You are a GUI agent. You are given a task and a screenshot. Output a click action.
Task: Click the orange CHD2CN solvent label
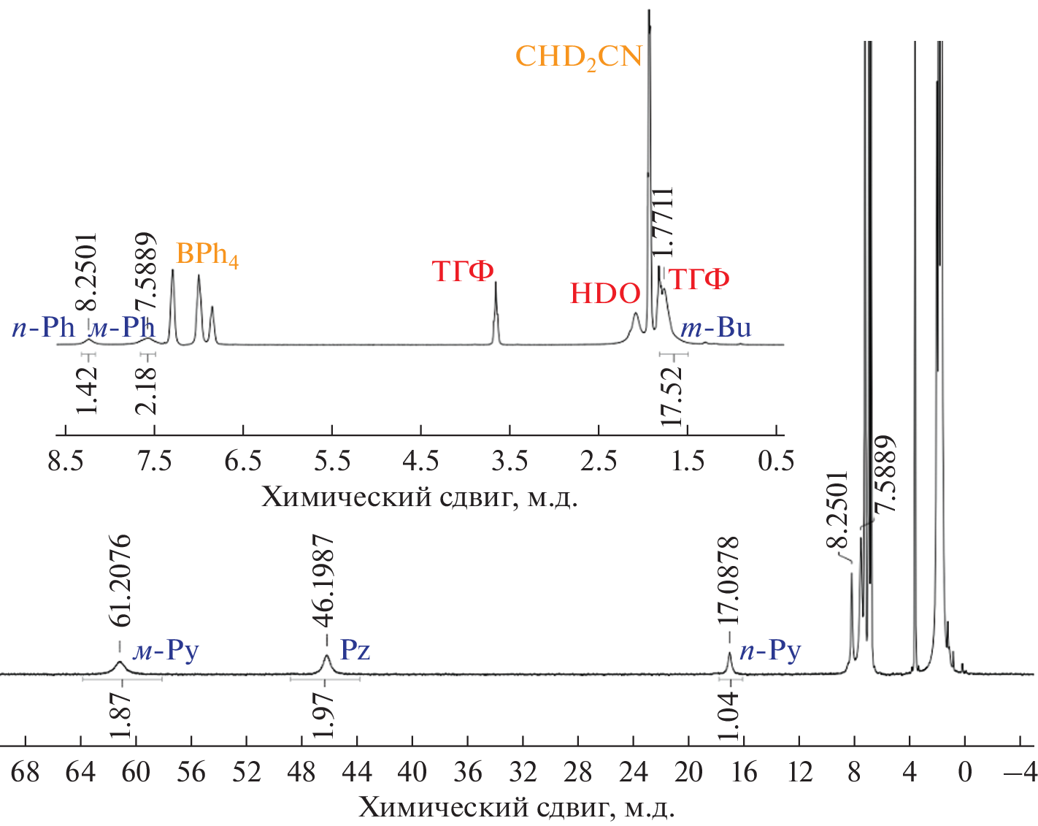click(578, 57)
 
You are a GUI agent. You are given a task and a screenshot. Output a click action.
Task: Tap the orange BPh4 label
click(207, 255)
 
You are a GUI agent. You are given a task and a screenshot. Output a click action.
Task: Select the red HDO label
click(605, 294)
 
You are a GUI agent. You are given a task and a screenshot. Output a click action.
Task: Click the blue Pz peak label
click(355, 649)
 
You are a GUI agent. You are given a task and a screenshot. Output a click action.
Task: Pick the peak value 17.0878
click(728, 581)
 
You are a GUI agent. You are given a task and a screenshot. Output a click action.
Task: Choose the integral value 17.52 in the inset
click(672, 395)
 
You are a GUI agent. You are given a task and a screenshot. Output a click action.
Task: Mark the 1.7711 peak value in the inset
click(662, 221)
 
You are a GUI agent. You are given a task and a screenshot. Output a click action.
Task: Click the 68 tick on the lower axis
click(26, 771)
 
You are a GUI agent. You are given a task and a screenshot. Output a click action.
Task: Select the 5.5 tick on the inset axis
click(332, 461)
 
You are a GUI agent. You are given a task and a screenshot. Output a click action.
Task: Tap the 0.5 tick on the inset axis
click(777, 461)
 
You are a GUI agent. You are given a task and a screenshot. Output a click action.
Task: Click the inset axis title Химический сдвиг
click(420, 497)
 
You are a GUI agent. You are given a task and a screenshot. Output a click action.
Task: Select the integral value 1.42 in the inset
click(87, 390)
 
